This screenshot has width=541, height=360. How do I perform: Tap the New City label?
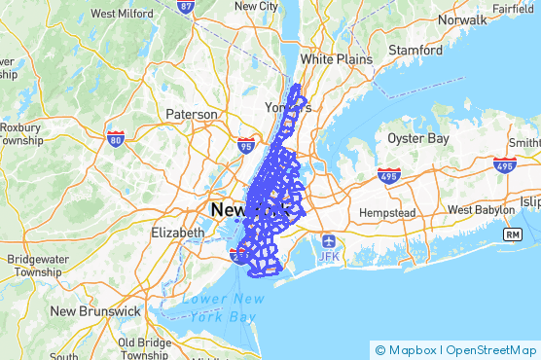pos(258,6)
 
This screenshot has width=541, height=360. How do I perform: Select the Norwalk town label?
pos(461,19)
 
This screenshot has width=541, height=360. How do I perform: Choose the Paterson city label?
pos(192,114)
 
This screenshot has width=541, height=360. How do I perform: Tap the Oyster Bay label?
pos(418,139)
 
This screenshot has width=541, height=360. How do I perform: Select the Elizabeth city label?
pos(178,233)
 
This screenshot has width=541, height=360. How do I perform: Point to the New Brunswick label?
pos(95,311)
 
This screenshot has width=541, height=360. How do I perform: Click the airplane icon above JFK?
pos(328,239)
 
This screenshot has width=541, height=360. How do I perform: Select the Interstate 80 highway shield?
pos(116,139)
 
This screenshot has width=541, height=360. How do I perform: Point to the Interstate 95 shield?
pos(246,146)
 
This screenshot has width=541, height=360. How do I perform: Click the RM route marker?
pos(512,234)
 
